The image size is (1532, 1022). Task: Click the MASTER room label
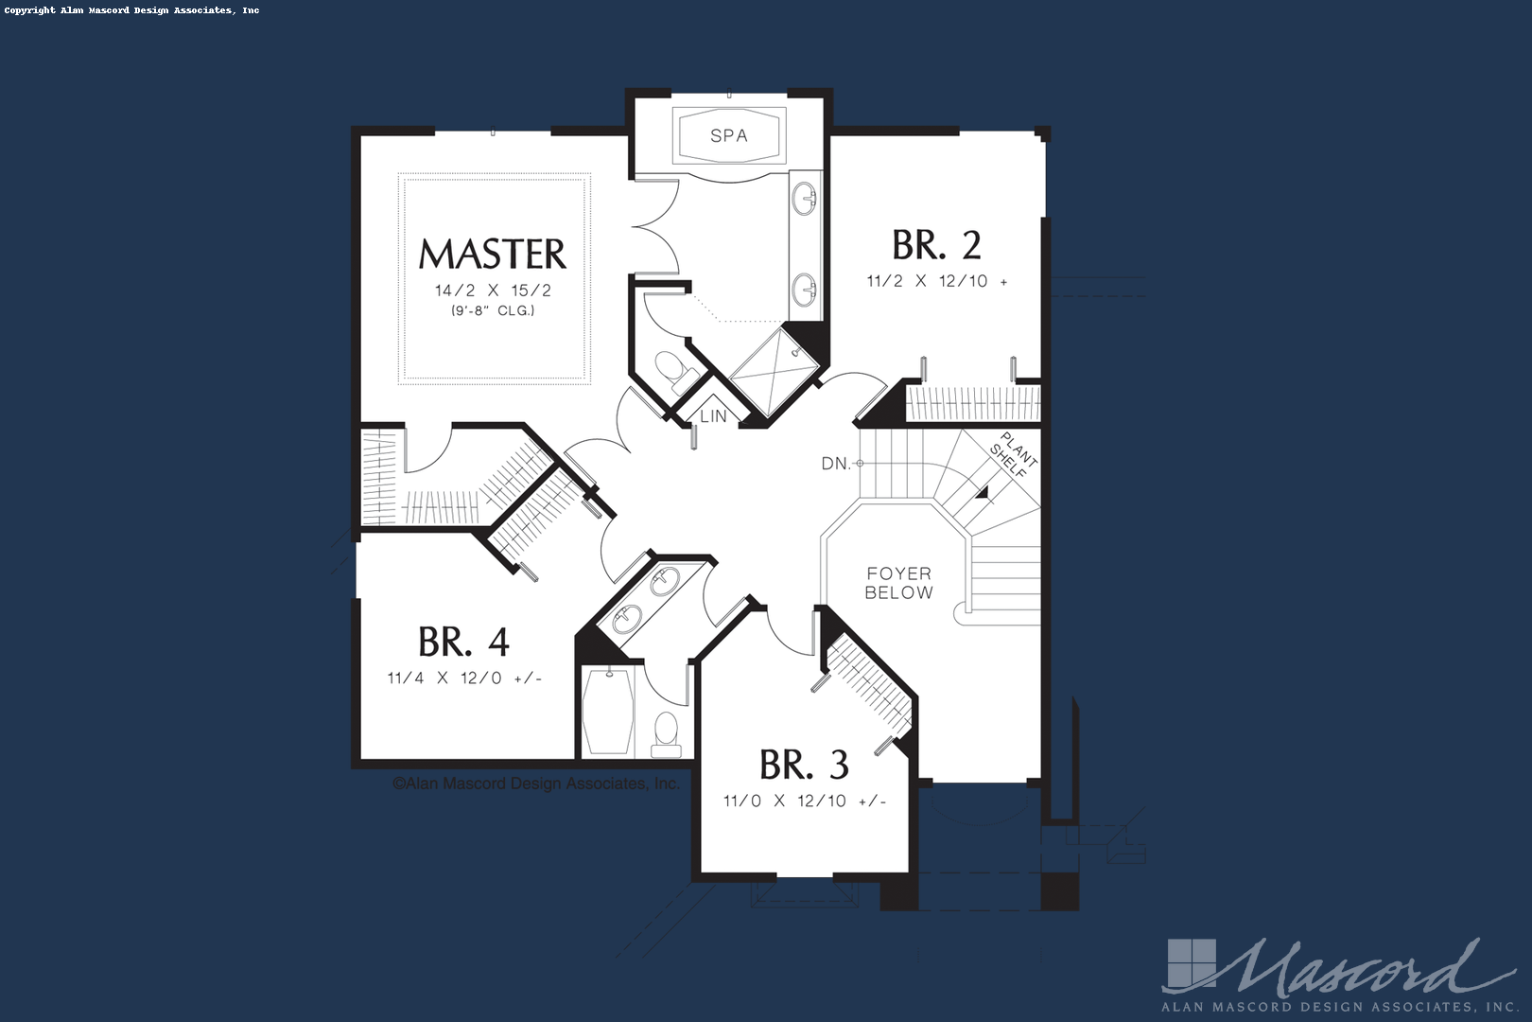493,254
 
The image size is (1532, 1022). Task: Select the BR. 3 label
804,765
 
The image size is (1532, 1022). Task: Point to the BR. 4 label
463,643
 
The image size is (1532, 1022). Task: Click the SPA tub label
729,135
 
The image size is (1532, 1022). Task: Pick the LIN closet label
713,415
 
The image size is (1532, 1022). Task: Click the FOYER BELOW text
898,583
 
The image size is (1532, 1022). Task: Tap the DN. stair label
836,464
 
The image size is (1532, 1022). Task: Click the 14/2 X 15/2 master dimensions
493,291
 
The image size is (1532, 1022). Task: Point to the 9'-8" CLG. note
493,310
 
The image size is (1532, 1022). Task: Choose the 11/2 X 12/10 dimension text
928,281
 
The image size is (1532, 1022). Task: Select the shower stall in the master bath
775,373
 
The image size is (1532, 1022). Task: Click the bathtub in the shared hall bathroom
607,712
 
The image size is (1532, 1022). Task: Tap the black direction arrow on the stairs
983,492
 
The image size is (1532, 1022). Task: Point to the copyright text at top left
132,10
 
